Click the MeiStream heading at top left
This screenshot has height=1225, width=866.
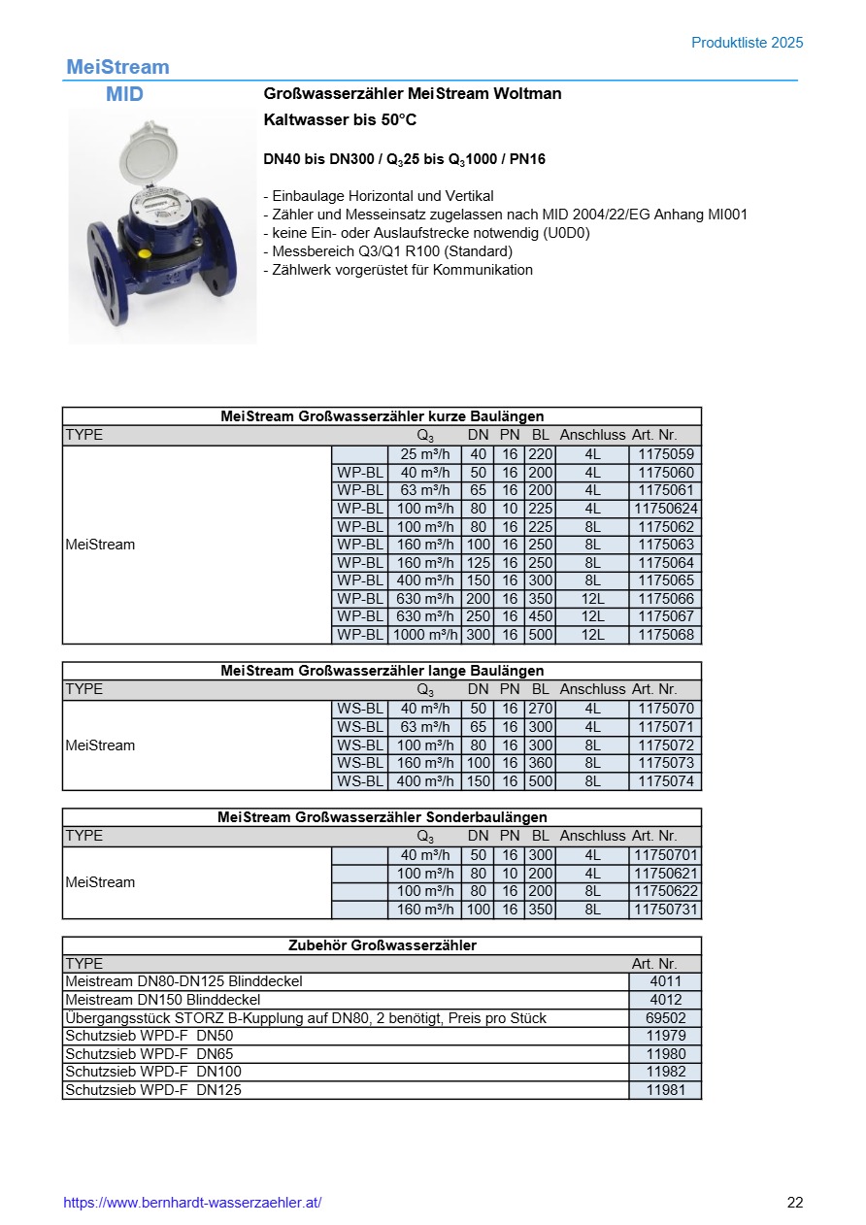[x=117, y=67]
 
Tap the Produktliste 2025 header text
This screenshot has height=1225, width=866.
[x=747, y=43]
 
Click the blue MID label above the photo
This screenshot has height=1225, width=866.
[x=124, y=94]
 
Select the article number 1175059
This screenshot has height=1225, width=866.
[x=665, y=454]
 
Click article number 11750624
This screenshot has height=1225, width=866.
[x=665, y=509]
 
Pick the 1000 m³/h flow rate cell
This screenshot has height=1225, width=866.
[x=424, y=635]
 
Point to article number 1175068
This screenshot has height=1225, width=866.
[x=665, y=635]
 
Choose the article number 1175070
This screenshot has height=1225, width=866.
[x=665, y=709]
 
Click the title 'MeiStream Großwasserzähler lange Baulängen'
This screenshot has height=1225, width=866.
[x=382, y=671]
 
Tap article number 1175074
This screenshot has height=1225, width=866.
[x=665, y=781]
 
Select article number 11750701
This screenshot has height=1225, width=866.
[x=665, y=855]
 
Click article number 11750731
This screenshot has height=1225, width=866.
[x=665, y=910]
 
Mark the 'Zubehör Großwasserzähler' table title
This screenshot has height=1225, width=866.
[x=382, y=944]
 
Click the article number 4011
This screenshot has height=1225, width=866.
[x=665, y=981]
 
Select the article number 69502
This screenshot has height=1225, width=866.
[x=665, y=1018]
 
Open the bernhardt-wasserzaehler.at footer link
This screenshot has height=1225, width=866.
[x=192, y=1203]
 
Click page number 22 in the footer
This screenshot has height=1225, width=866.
[x=795, y=1203]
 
